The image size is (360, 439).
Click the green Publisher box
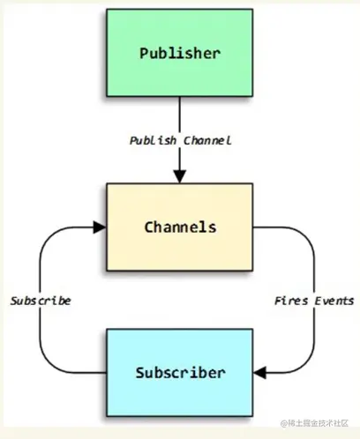180,53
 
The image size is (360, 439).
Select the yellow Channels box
180,227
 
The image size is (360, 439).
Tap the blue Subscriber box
180,371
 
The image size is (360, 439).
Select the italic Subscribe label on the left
41,301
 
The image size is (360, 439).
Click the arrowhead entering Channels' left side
100,227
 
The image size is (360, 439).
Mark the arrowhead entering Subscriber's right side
261,371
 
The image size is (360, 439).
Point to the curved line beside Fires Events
314,264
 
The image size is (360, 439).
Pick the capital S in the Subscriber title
142,371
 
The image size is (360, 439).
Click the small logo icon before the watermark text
277,426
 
